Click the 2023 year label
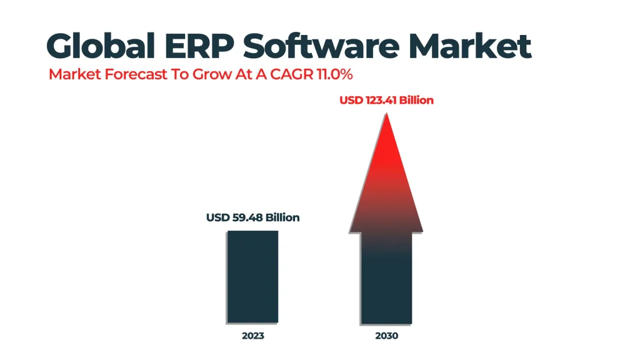pos(252,336)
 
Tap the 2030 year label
pos(386,336)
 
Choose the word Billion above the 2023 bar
pos(282,217)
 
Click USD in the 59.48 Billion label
pos(217,217)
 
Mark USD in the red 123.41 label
pos(351,100)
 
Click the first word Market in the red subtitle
pos(69,74)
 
